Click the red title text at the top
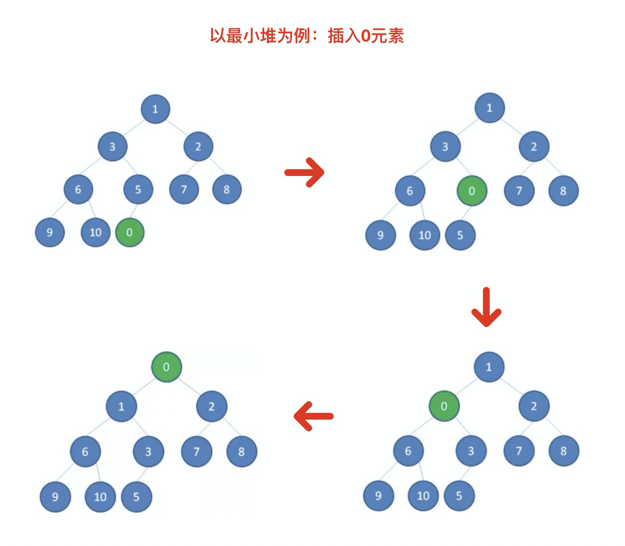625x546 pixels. pos(307,36)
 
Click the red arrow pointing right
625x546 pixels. pos(304,172)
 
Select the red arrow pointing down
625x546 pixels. pos(486,307)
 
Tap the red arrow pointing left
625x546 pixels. pos(313,416)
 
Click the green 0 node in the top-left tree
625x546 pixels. pos(129,232)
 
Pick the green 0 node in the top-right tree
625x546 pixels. pos(472,191)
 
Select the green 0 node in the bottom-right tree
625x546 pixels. pos(444,406)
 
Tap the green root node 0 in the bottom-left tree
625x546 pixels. pos(166,367)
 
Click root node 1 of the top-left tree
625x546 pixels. pos(156,109)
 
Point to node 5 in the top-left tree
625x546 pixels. pos(138,190)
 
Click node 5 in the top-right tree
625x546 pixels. pos(460,235)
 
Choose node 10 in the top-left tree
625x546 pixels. pos(95,232)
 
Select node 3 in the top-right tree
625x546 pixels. pos(445,146)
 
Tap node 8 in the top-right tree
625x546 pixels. pos(563,191)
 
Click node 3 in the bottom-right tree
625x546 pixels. pos(471,451)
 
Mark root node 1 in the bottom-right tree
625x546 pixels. pos(489,367)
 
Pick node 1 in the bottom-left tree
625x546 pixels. pos(121,406)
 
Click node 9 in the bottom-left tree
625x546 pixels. pos(55,497)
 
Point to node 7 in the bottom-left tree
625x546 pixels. pos(196,451)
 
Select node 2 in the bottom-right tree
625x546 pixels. pos(534,406)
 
